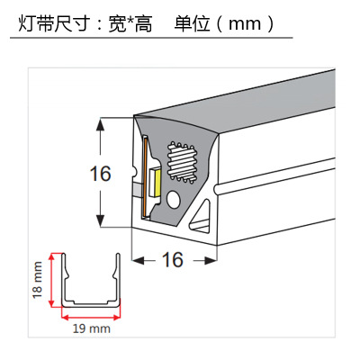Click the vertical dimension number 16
101,174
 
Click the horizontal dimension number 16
173,259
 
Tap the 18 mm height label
38,280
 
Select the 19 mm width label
92,328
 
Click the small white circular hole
174,200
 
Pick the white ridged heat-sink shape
182,162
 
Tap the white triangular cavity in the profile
202,219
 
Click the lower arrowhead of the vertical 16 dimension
100,220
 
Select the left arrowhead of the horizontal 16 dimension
139,260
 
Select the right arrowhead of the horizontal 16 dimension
211,260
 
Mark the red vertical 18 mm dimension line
52,280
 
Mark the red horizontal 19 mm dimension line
91,316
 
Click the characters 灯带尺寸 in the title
54,24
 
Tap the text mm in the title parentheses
245,24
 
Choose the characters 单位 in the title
192,24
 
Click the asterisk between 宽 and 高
130,21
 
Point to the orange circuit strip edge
145,176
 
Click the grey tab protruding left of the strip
137,189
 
